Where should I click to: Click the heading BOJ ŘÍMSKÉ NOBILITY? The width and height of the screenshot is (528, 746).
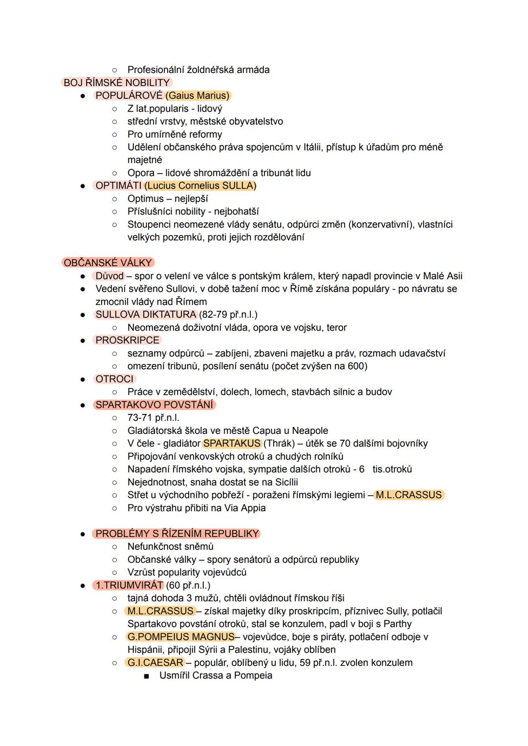click(x=116, y=83)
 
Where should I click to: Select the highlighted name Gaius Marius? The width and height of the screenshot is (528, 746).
click(x=198, y=95)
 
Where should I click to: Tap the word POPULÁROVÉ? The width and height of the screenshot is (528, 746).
click(x=129, y=95)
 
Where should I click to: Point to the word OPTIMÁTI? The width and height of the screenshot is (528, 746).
click(x=118, y=185)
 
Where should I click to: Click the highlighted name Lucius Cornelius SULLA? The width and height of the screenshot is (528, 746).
click(x=200, y=185)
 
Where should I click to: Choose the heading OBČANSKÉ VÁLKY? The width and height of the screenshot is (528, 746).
click(x=108, y=263)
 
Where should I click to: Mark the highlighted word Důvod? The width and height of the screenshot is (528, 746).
click(x=110, y=276)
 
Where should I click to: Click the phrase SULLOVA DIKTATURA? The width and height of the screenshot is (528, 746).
click(x=146, y=315)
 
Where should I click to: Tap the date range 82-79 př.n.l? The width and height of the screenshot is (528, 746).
click(x=228, y=315)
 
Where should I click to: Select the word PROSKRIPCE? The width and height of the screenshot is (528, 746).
click(x=127, y=340)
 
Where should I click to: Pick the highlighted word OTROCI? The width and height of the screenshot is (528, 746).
click(x=114, y=379)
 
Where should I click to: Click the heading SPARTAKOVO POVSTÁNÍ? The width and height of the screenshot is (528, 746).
click(x=154, y=405)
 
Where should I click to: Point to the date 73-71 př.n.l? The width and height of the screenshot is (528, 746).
click(x=153, y=418)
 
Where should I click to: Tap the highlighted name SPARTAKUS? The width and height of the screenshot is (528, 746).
click(x=232, y=443)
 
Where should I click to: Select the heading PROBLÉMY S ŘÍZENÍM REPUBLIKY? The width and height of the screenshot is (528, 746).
click(x=177, y=534)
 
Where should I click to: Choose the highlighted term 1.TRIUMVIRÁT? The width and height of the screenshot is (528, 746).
click(x=129, y=585)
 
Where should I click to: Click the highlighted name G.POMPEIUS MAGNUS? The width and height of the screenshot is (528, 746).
click(x=180, y=637)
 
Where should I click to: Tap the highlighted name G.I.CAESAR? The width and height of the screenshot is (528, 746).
click(x=155, y=663)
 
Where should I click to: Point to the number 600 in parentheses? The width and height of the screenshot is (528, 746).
click(x=356, y=366)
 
